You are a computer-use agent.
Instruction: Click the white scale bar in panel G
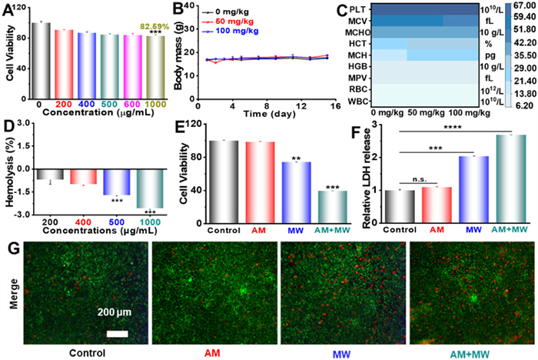click(117, 333)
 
